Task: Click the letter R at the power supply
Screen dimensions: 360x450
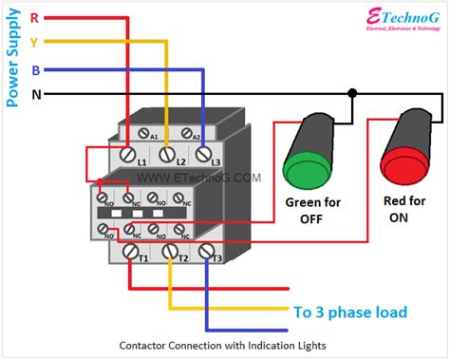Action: click(35, 17)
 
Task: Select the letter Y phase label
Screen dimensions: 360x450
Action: click(35, 42)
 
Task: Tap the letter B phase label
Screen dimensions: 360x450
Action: click(35, 69)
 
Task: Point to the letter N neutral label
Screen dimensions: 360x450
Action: click(35, 94)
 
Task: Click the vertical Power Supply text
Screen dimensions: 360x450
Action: click(12, 57)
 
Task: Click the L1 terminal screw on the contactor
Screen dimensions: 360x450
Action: click(126, 151)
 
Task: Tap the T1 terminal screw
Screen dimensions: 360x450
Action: click(128, 252)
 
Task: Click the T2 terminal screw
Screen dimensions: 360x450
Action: click(171, 252)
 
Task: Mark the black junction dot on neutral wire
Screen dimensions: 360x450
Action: click(352, 94)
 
